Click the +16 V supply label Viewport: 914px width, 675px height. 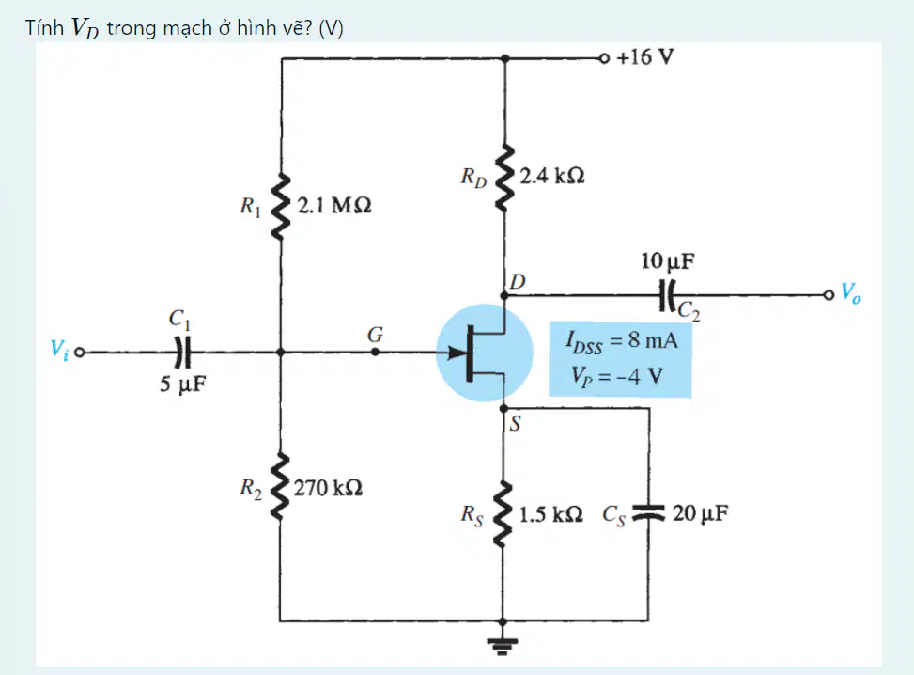(644, 57)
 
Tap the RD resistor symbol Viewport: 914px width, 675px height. (504, 177)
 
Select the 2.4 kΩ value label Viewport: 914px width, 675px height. (552, 176)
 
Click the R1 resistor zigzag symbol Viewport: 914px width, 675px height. (281, 206)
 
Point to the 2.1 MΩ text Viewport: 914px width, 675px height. (334, 205)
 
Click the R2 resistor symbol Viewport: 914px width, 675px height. (280, 486)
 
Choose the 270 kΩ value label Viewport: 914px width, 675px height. (328, 488)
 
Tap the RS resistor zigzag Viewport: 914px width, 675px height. (503, 514)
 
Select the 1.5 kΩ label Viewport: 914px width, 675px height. (550, 514)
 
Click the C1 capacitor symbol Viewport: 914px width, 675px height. (183, 352)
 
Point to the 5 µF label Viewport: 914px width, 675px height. (183, 384)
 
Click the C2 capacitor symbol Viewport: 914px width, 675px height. (667, 295)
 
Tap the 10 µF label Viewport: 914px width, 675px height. (668, 260)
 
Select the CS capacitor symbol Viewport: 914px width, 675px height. (649, 511)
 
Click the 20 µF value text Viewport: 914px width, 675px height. (700, 513)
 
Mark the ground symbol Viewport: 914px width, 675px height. (503, 645)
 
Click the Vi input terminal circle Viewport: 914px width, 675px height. (80, 353)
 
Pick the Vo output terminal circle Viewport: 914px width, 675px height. (829, 295)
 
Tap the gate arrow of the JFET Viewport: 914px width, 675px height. (458, 352)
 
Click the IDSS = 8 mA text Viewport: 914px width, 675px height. (621, 340)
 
